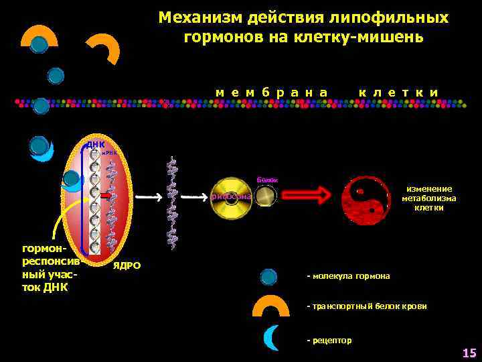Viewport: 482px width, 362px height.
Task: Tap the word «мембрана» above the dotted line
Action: point(272,91)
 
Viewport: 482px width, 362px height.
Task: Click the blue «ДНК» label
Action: point(94,145)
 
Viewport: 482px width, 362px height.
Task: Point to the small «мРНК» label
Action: point(109,154)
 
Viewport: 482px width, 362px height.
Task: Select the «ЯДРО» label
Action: point(127,265)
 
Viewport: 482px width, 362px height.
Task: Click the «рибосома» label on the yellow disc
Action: point(231,196)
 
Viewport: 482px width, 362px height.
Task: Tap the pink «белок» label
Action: point(267,180)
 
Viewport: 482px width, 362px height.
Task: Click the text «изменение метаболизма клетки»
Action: point(428,198)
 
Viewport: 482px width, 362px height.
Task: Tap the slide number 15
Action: point(468,353)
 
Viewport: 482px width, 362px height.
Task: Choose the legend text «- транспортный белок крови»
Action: point(366,306)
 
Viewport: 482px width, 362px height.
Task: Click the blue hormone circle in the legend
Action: point(268,276)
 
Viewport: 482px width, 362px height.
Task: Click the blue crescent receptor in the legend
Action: point(270,337)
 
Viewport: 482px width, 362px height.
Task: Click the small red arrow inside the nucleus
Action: point(106,195)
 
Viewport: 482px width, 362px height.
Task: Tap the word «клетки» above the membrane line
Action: point(398,91)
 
